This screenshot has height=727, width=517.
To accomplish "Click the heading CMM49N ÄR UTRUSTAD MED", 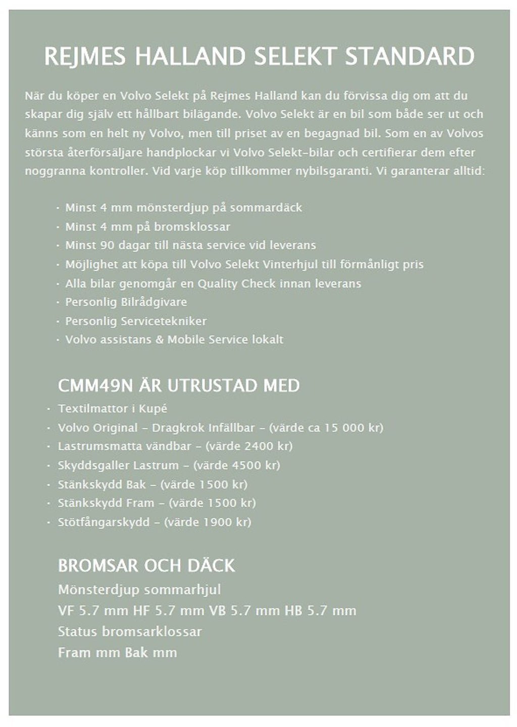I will (x=179, y=386).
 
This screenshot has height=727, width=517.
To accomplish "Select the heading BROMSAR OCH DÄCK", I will (x=146, y=566).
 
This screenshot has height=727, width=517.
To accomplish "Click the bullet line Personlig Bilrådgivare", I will (x=126, y=302).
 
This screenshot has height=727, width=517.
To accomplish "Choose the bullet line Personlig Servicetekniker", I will (x=136, y=321).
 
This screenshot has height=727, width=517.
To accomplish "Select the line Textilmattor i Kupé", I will (x=112, y=409).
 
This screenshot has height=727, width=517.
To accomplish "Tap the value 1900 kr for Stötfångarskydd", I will (x=224, y=522).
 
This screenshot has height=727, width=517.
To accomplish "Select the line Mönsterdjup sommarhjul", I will (x=139, y=590).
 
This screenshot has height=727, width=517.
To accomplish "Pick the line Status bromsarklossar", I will (x=130, y=632).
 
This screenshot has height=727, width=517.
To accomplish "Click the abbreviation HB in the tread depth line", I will (x=293, y=611).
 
